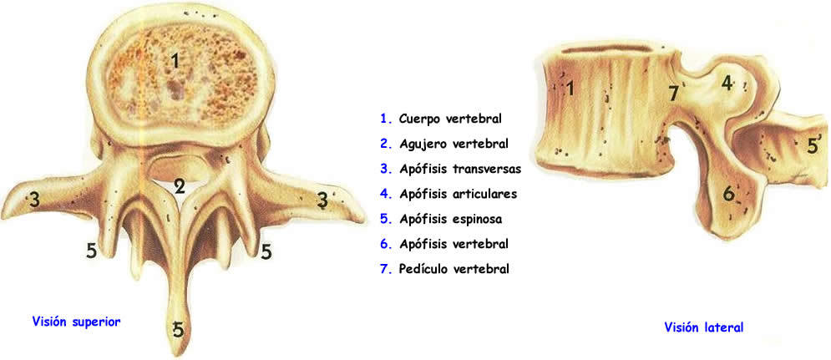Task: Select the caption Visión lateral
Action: [x=703, y=327]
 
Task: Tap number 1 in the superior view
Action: [x=175, y=59]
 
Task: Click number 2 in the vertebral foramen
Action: [x=180, y=186]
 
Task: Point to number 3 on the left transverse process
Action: [x=34, y=199]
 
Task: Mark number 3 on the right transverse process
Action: [x=322, y=200]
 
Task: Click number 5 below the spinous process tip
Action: [x=179, y=331]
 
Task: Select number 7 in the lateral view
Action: [x=674, y=93]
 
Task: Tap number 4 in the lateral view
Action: [x=727, y=83]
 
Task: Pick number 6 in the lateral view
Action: [x=728, y=194]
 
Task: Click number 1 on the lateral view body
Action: [x=569, y=88]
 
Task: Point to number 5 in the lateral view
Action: [x=812, y=146]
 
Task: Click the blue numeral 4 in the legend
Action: [x=384, y=194]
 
